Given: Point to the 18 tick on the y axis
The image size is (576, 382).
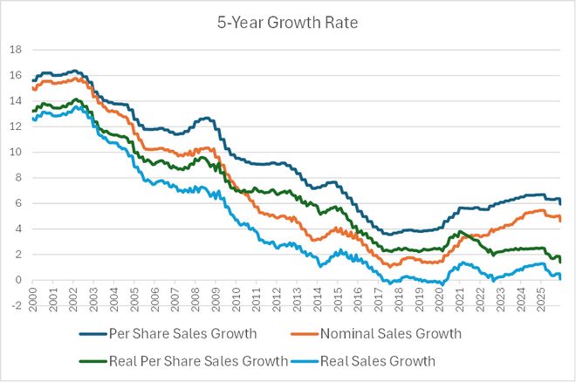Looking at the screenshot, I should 16,50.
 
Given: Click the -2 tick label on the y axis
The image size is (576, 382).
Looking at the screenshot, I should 16,305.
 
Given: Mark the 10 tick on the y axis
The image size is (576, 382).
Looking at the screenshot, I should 16,152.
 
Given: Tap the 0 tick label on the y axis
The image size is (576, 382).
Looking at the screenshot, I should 17,280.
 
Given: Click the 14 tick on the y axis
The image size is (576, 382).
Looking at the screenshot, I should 16,101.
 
